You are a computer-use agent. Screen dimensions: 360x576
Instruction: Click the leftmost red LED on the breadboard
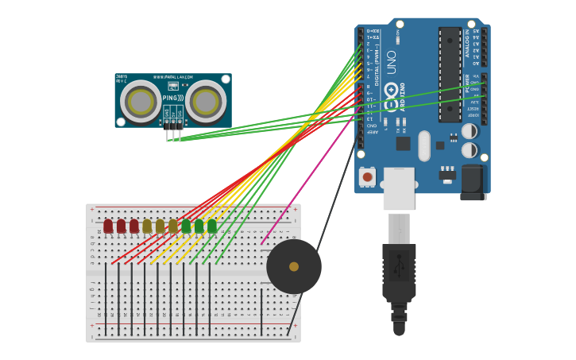tap(108, 226)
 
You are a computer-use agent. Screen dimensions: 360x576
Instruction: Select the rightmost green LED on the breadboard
tap(212, 226)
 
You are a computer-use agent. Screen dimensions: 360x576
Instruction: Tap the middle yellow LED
tap(160, 226)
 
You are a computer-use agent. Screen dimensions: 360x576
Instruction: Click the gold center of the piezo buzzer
tap(294, 267)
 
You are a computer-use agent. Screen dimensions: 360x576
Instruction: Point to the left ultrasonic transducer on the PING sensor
tap(141, 102)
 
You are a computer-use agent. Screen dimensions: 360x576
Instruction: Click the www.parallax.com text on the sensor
tap(174, 77)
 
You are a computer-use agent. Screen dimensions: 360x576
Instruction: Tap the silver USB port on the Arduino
tap(399, 188)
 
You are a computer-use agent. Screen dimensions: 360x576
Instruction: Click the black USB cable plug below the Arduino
tap(399, 270)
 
